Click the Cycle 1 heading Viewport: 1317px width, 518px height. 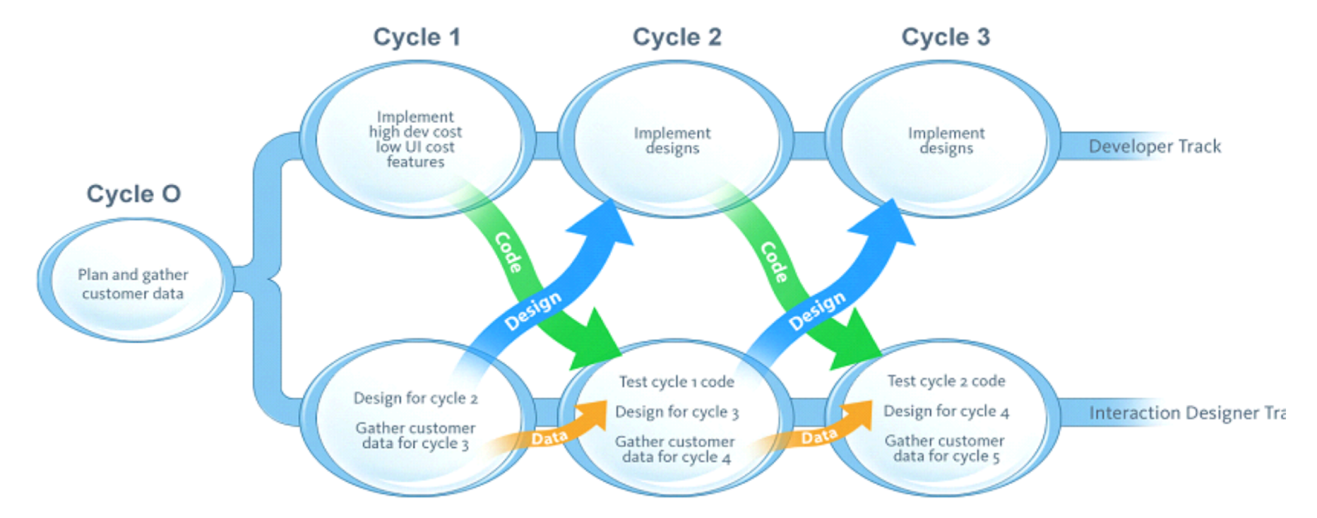point(417,37)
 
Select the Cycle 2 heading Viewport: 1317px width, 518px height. point(677,37)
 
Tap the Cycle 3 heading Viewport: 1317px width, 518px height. point(945,37)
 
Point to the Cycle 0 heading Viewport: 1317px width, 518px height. point(133,194)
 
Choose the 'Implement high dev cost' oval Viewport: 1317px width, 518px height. point(415,139)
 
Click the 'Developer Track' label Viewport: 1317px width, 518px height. point(1154,147)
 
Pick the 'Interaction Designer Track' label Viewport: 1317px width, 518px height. point(1186,413)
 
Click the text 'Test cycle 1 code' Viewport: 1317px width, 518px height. point(677,381)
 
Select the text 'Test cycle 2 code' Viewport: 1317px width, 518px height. point(946,380)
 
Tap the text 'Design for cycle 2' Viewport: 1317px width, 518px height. point(415,398)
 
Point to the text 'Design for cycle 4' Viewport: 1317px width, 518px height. point(946,411)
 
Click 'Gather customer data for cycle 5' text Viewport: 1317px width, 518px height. point(945,448)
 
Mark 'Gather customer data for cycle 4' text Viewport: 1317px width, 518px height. point(675,449)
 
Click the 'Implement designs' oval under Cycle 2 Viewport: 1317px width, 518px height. point(672,140)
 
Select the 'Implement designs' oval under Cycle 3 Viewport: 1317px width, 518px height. point(946,140)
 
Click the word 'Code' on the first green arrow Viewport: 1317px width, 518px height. point(508,252)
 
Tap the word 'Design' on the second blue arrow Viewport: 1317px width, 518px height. point(817,310)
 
